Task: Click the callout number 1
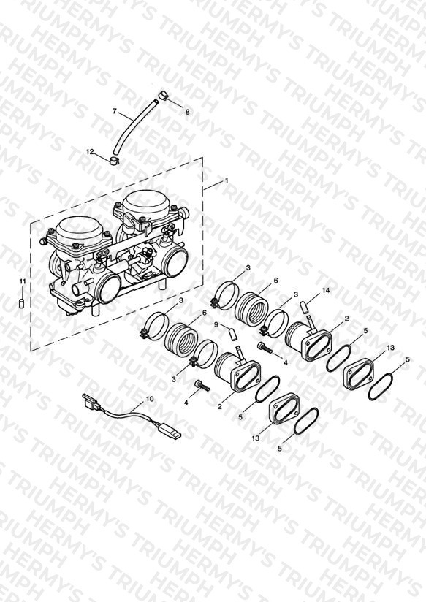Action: pyautogui.click(x=227, y=180)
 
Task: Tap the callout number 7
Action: pyautogui.click(x=115, y=111)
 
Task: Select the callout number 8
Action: pyautogui.click(x=188, y=112)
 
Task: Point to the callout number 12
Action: pyautogui.click(x=90, y=152)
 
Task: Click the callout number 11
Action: pyautogui.click(x=23, y=281)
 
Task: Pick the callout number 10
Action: pyautogui.click(x=149, y=399)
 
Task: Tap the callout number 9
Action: pyautogui.click(x=216, y=325)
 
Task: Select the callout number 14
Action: pyautogui.click(x=326, y=291)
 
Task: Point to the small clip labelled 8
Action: pyautogui.click(x=163, y=95)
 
